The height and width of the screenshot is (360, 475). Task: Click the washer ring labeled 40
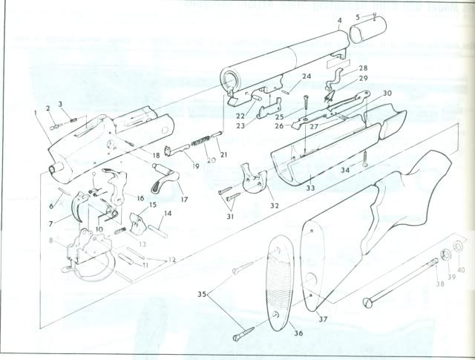458,246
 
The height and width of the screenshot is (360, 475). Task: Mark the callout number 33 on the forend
310,189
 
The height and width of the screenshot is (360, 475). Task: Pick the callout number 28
363,68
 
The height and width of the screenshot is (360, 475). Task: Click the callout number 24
306,76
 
